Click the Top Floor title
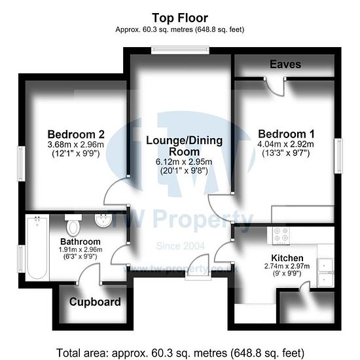[180, 18]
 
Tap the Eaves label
[285, 64]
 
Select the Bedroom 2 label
[76, 134]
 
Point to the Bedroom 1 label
[286, 134]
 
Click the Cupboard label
[95, 302]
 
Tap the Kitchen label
[287, 258]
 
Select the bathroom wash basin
[103, 220]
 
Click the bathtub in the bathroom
[37, 247]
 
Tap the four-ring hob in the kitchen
[281, 236]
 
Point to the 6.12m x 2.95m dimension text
[184, 162]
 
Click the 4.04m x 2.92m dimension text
[285, 144]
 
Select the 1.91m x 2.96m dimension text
[81, 249]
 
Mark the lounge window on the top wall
[180, 50]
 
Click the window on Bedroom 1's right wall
[338, 156]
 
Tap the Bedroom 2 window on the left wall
[22, 164]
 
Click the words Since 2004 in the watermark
[180, 246]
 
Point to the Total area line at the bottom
[180, 353]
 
